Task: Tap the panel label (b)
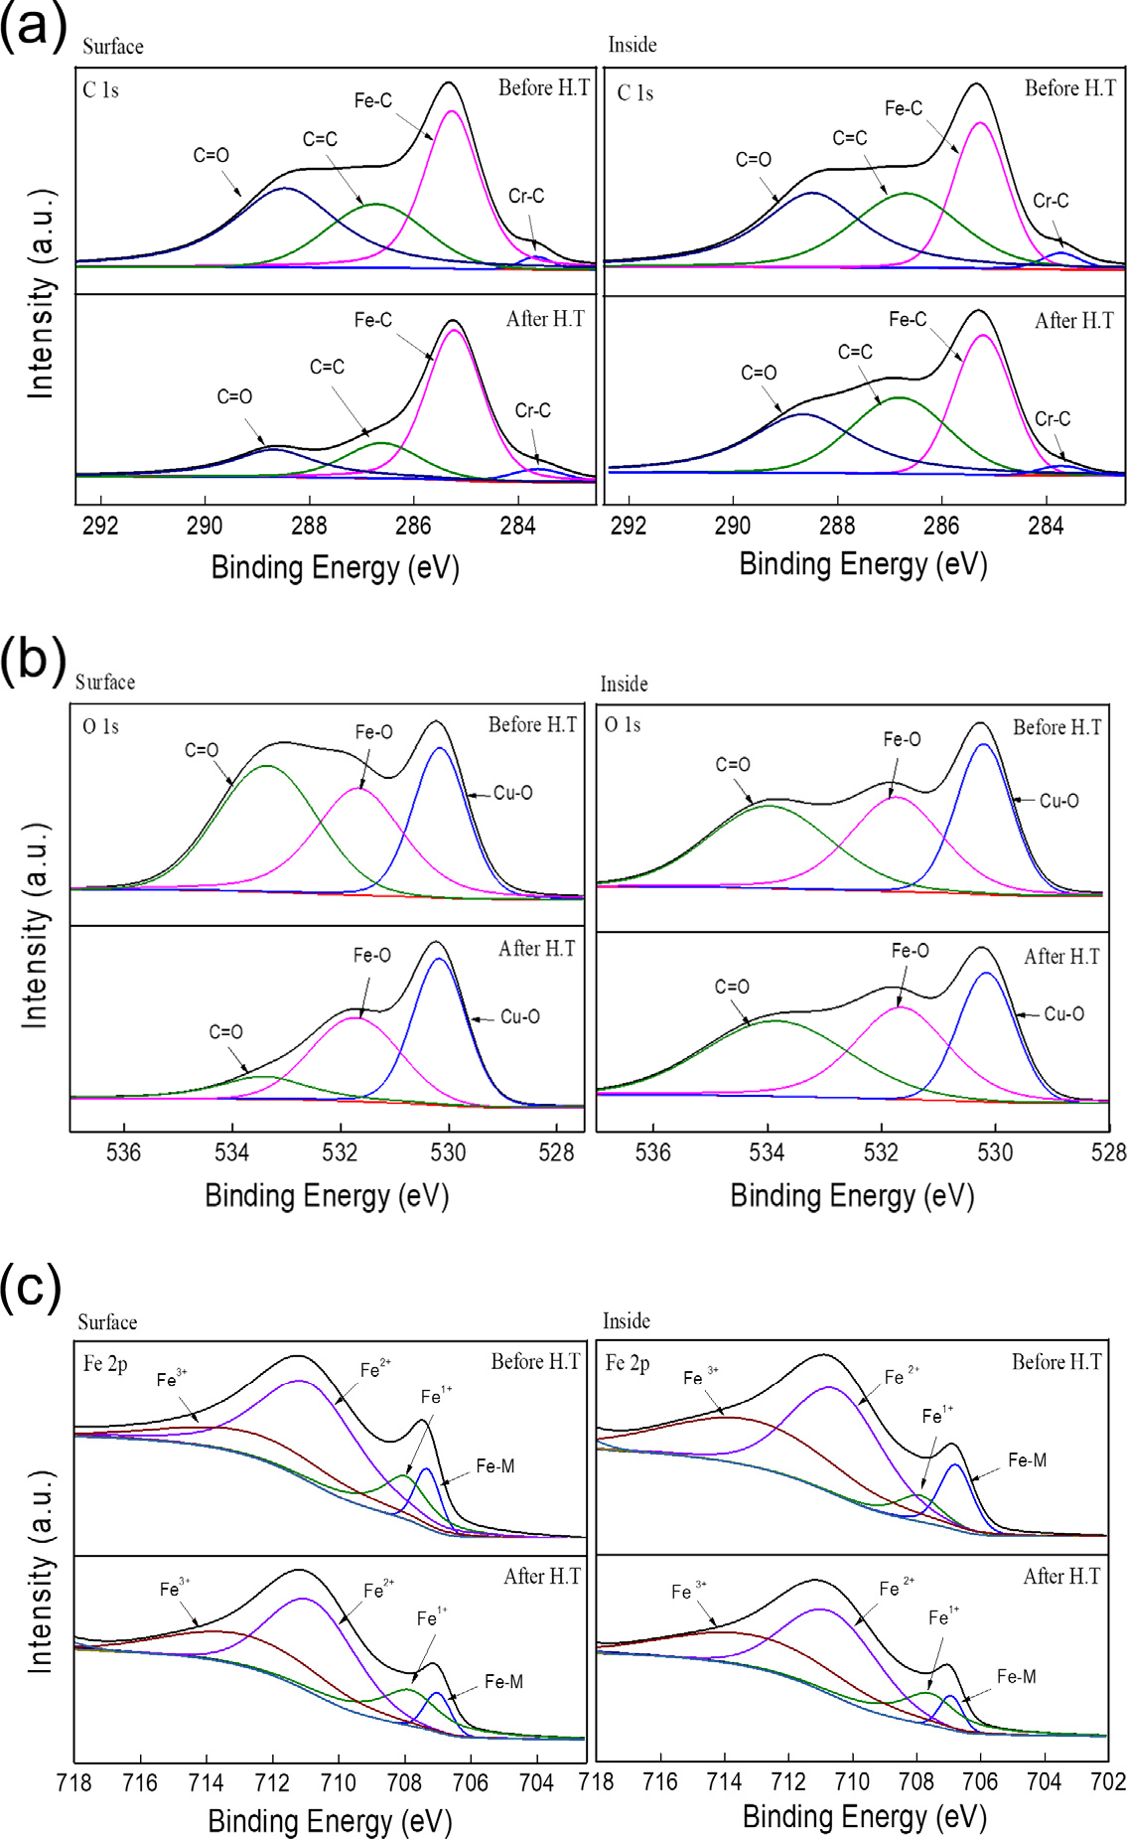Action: (x=33, y=659)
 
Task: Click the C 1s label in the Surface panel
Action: (x=100, y=90)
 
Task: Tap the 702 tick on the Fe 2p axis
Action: (x=1108, y=1781)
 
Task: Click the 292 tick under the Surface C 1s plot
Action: (x=100, y=526)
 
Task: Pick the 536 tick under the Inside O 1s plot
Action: (x=652, y=1152)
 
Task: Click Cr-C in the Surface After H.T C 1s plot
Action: (x=532, y=410)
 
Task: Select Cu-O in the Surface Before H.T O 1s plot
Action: (x=513, y=793)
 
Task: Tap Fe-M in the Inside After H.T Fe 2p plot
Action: (x=1016, y=1676)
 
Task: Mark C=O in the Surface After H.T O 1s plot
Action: (x=225, y=1032)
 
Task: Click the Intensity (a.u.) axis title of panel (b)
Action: (x=35, y=925)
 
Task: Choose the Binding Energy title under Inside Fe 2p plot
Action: (x=864, y=1816)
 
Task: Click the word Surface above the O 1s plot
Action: (x=105, y=683)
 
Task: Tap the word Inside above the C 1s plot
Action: (x=633, y=45)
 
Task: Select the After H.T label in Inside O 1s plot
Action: (x=1061, y=957)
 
